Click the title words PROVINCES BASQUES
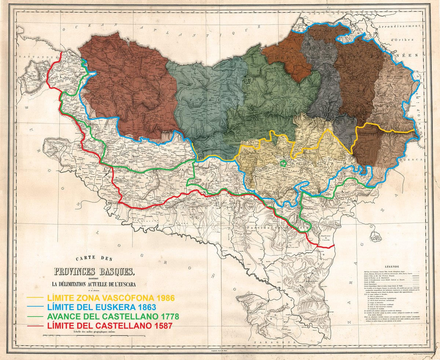(x=95, y=272)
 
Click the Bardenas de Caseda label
(x=326, y=238)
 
